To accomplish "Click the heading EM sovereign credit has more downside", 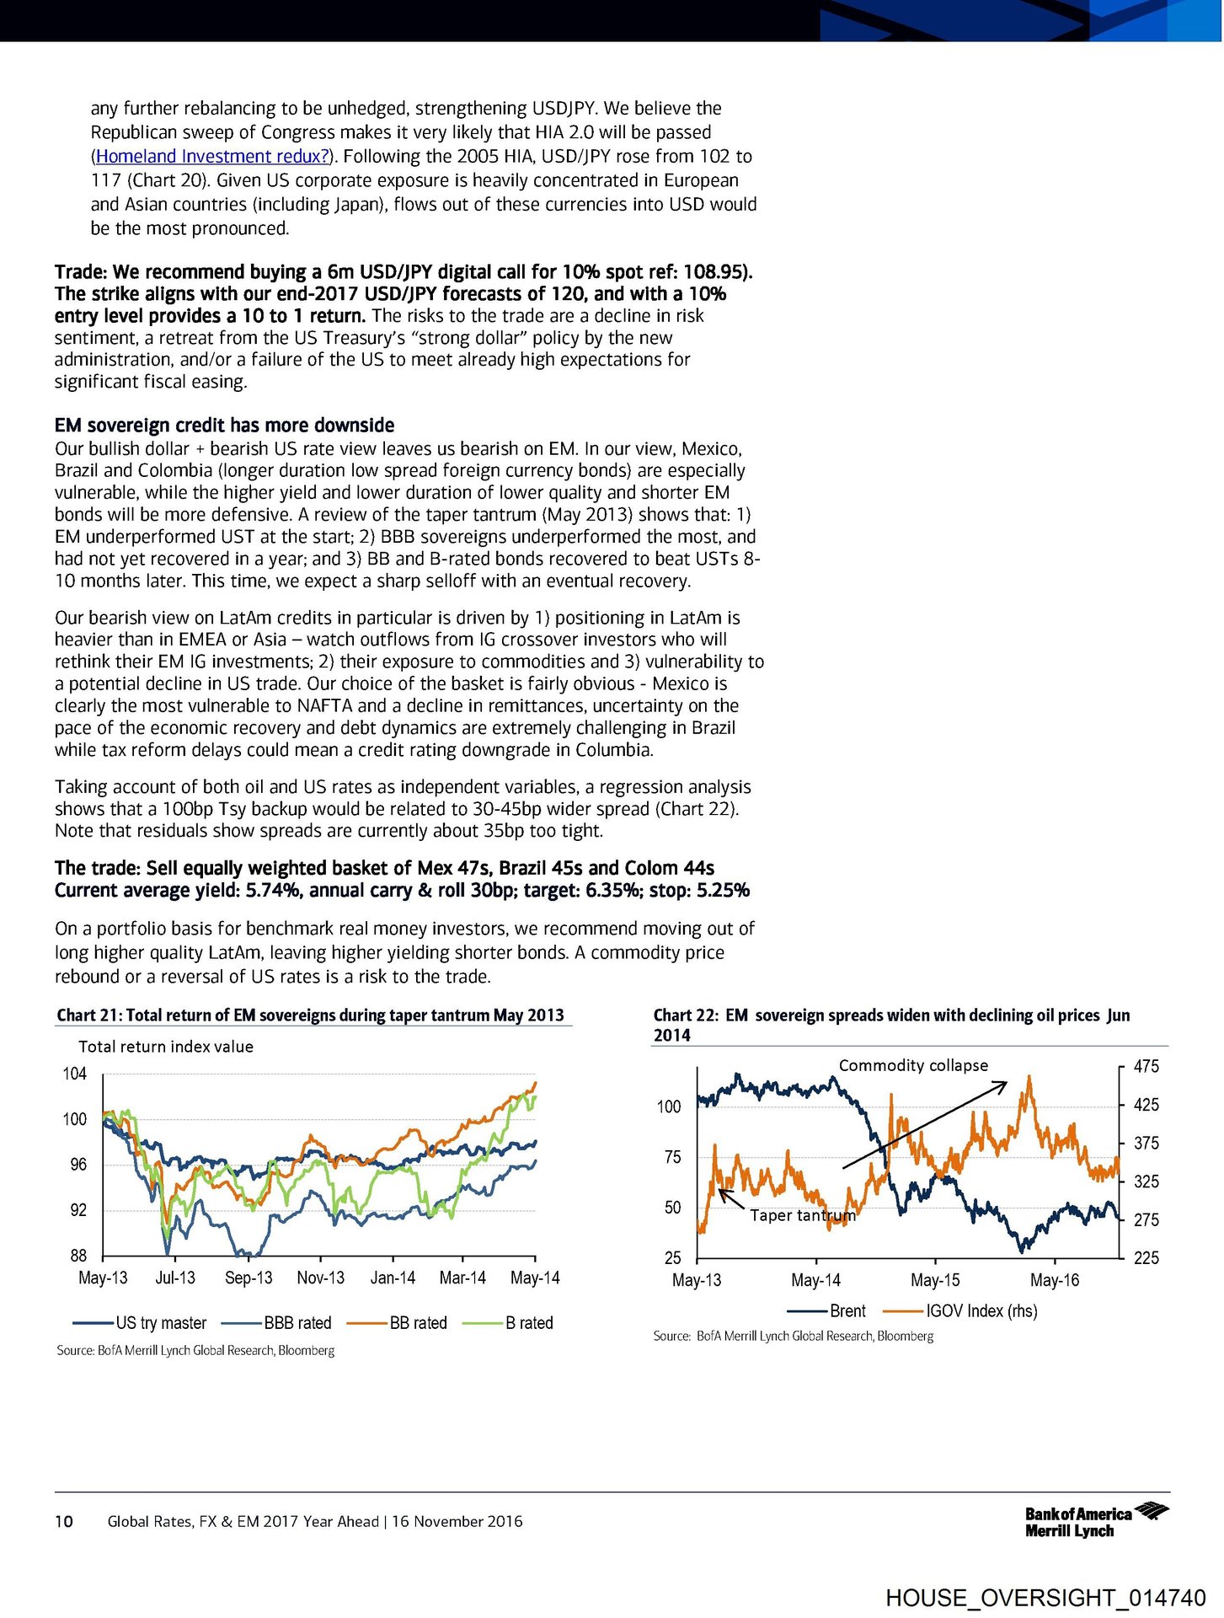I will pos(224,425).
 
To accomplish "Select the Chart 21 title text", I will pos(310,1015).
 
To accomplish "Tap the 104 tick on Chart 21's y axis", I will pos(75,1074).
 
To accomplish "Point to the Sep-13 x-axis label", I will pos(249,1278).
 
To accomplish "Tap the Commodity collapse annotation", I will pos(913,1065).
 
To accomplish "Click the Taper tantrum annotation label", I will pos(802,1215).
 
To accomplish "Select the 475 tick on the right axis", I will pos(1146,1066).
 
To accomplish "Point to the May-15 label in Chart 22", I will pos(935,1280).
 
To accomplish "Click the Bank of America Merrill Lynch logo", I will pos(1096,1521).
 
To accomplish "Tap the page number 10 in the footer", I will pos(64,1521).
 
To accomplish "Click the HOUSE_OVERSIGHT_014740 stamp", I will pos(1045,1597).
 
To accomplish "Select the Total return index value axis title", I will pos(166,1047).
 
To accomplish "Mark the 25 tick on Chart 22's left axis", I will pos(672,1257).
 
